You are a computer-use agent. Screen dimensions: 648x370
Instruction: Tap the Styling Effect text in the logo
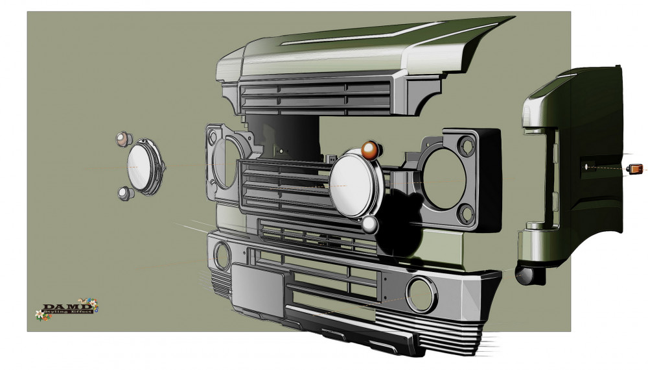pos(67,311)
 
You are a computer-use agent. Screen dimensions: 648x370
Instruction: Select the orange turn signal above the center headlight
pos(369,151)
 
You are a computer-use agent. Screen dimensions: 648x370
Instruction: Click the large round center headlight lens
pos(352,184)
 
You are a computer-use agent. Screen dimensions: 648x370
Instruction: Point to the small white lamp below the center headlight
pos(369,225)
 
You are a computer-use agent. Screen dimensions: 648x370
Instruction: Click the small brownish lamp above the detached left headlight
pos(122,140)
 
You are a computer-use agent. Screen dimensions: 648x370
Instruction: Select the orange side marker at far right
pos(634,168)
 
